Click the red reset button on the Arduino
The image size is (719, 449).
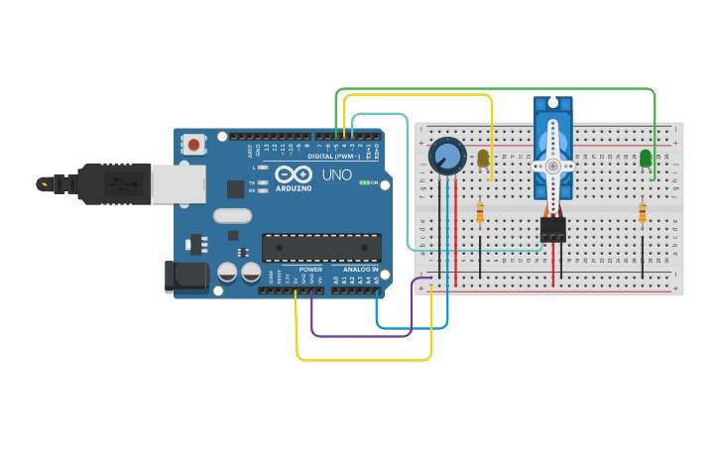(193, 145)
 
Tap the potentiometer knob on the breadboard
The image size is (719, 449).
(447, 157)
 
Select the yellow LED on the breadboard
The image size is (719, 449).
(483, 158)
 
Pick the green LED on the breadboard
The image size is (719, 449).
(646, 158)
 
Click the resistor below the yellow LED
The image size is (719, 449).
(480, 213)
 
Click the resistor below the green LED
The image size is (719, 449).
(642, 213)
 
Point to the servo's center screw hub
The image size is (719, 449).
(552, 166)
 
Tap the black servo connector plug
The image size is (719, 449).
(552, 230)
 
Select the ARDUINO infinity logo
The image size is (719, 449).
(295, 173)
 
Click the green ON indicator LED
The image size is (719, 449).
(364, 182)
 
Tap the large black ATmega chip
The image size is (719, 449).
(321, 248)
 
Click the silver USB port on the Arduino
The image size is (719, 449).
(179, 183)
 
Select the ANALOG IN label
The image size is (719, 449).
(361, 269)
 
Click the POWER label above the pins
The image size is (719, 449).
(310, 269)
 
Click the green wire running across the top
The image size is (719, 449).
(496, 89)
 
